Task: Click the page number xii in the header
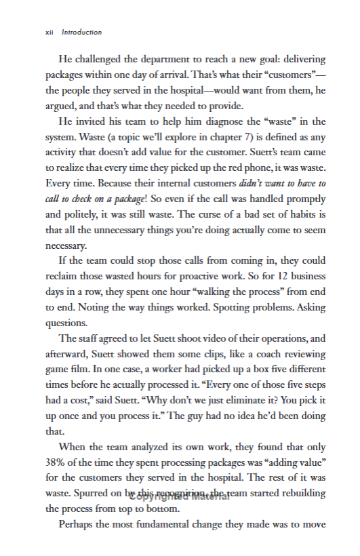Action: pos(49,32)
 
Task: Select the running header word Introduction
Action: pos(81,32)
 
